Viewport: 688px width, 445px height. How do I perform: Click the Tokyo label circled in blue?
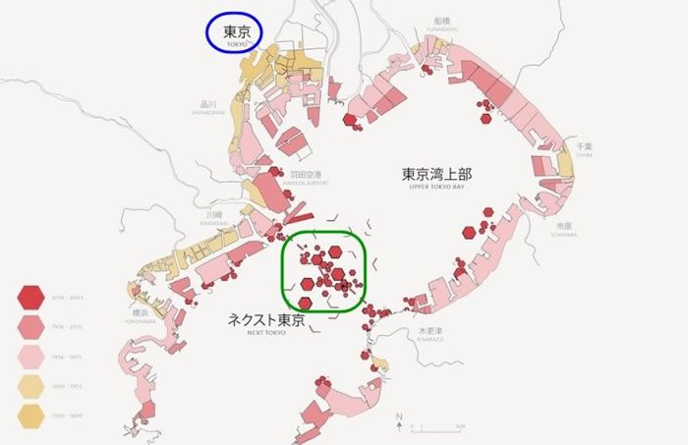tap(239, 33)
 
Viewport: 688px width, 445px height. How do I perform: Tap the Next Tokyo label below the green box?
tap(268, 322)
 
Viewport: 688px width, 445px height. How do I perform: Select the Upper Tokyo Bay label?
tap(436, 175)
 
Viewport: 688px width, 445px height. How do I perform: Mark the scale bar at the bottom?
tap(438, 428)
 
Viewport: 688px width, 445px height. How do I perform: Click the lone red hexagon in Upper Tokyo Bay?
tap(488, 212)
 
